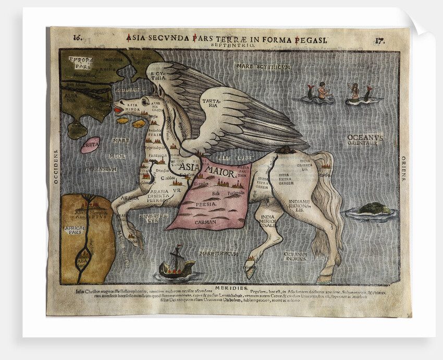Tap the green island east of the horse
(373, 209)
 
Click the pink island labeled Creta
(90, 144)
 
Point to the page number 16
(77, 38)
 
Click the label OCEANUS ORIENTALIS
(365, 139)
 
